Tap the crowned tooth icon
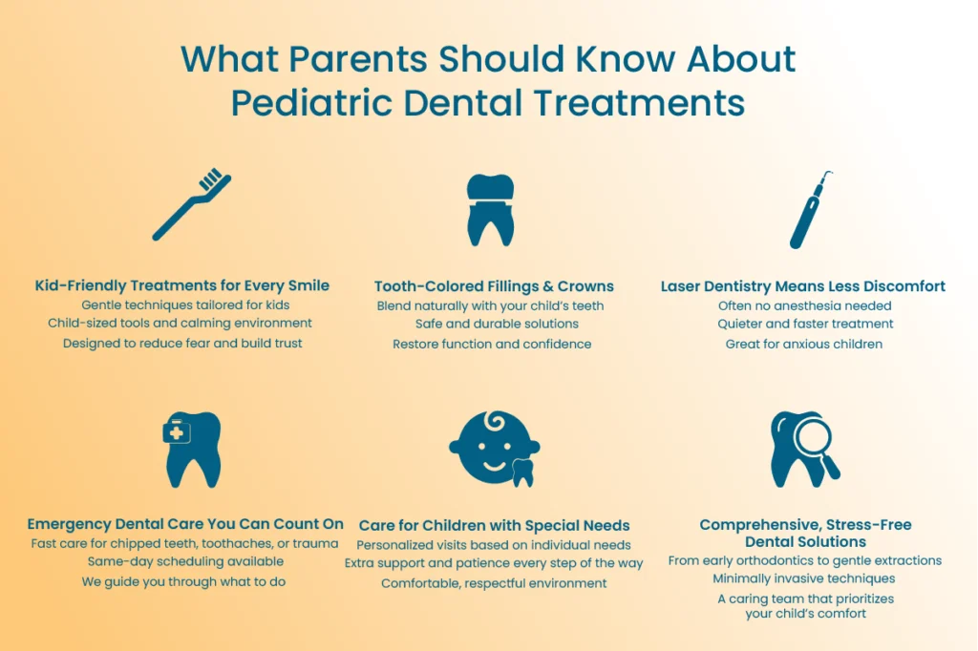tap(491, 209)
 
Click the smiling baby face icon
tap(494, 448)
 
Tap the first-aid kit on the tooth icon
tap(177, 431)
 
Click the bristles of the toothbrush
tap(211, 178)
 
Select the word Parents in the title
tap(358, 59)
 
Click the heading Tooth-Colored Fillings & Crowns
tap(494, 286)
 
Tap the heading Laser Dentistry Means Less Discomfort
tap(802, 286)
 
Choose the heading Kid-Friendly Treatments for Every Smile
tap(182, 285)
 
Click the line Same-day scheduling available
tap(185, 561)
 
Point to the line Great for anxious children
tap(804, 345)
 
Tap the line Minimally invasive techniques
tap(804, 578)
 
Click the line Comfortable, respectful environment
tap(494, 583)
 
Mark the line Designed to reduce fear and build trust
tap(182, 343)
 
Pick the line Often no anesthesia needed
tap(804, 305)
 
